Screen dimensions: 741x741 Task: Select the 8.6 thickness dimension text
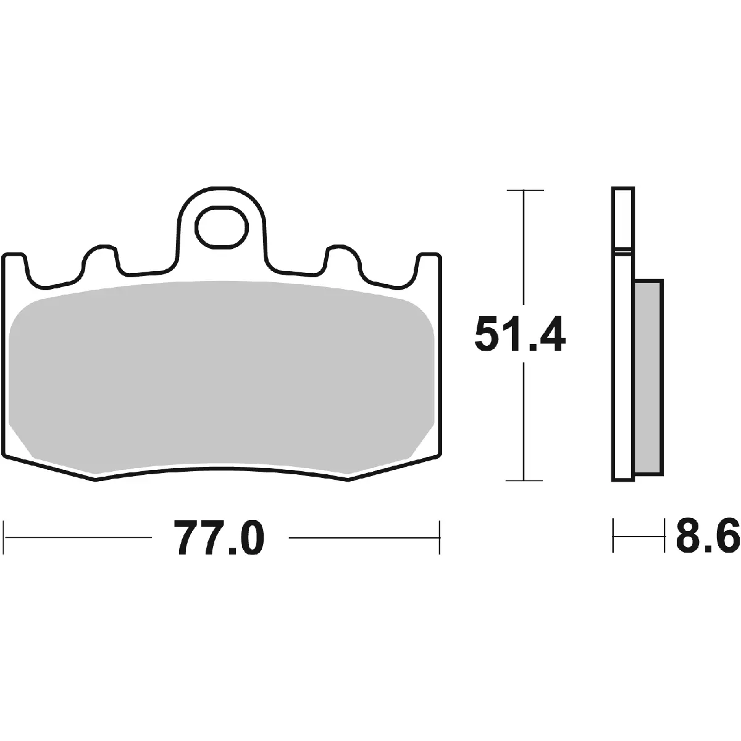(x=708, y=535)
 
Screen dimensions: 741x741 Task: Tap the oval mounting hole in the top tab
(x=221, y=226)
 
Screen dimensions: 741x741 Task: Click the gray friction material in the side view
(x=648, y=377)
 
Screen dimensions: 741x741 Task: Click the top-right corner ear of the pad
(x=429, y=261)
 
